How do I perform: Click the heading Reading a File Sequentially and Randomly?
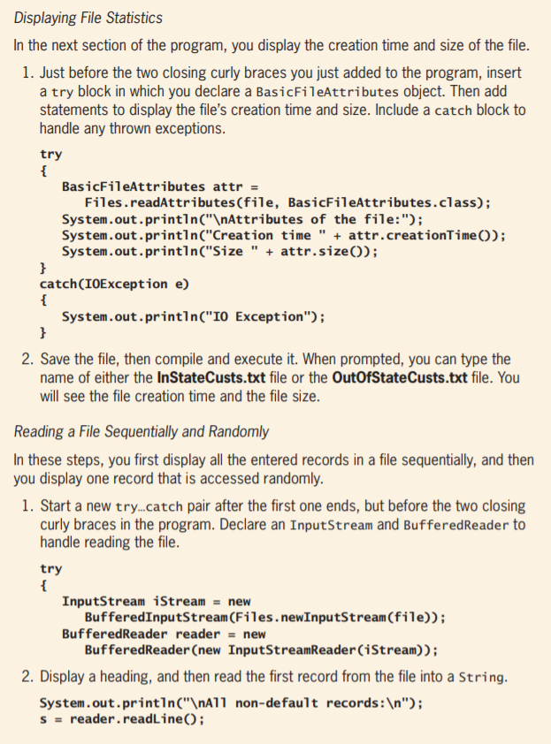point(142,432)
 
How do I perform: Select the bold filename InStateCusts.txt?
point(217,376)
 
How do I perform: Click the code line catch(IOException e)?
point(115,284)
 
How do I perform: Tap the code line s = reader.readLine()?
point(123,719)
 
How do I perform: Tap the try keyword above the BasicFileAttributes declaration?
point(51,153)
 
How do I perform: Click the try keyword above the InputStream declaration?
point(51,569)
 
